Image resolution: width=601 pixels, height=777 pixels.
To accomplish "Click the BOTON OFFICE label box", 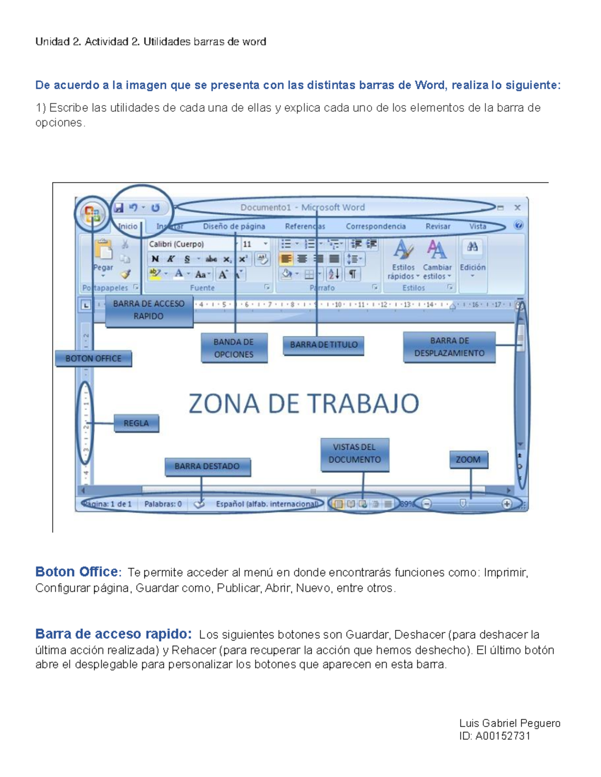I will point(93,358).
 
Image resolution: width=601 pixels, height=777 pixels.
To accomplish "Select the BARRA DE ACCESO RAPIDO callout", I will point(149,310).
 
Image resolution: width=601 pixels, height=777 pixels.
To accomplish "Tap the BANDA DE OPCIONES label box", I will point(234,348).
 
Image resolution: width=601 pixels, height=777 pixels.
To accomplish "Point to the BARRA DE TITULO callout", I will point(324,345).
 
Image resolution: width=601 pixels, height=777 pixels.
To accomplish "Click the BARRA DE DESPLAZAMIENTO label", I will point(449,347).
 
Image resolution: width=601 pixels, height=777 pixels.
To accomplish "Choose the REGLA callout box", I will point(136,423).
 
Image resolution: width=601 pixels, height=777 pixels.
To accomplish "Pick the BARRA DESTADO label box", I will point(207,466).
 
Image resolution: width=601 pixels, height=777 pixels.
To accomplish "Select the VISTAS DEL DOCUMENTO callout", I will point(355,454).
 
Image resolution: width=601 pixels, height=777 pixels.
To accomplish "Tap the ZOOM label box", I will point(468,459).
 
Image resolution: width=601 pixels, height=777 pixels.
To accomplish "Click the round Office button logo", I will point(92,214).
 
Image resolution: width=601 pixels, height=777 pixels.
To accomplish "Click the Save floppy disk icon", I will point(119,208).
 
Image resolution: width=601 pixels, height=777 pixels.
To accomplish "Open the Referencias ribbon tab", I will point(305,226).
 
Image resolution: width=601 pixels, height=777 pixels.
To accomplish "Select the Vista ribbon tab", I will point(478,226).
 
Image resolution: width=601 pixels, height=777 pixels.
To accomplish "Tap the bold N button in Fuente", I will point(155,259).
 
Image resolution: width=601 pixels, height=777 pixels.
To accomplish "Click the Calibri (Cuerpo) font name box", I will point(190,244).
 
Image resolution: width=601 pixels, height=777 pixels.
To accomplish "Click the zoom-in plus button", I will point(507,504).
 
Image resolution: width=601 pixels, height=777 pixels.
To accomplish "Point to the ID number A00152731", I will point(502,736).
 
